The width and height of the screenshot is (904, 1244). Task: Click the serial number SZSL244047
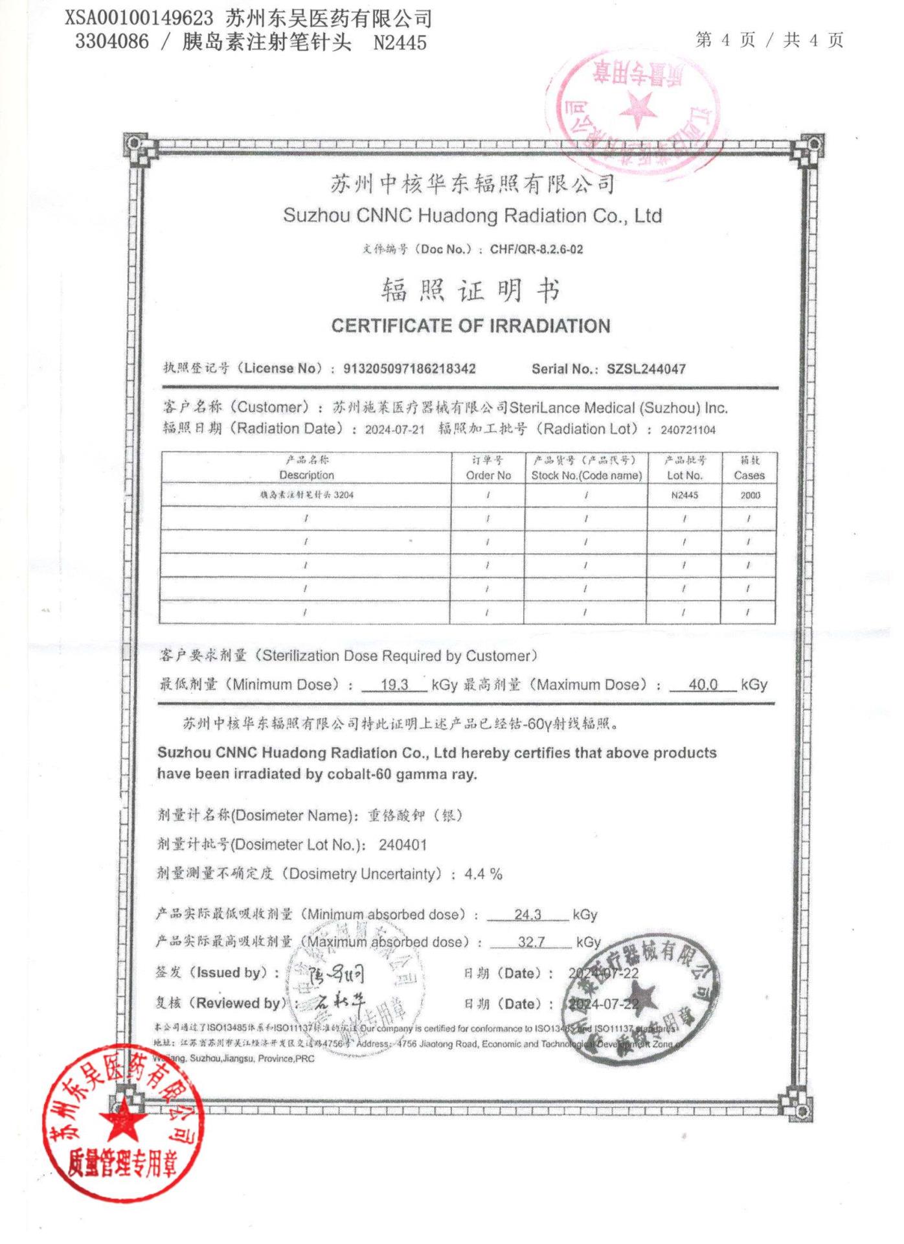click(x=646, y=369)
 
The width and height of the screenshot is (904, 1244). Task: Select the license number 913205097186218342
click(x=409, y=369)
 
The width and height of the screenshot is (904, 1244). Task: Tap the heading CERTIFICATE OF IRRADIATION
click(x=471, y=325)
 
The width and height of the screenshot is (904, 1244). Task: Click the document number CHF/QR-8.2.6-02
click(x=536, y=249)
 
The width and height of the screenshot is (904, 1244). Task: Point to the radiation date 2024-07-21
click(x=394, y=430)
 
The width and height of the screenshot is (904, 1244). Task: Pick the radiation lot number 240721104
click(x=688, y=430)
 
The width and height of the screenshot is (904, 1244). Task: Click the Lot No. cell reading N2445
click(x=684, y=495)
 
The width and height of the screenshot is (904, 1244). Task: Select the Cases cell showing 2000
click(x=750, y=495)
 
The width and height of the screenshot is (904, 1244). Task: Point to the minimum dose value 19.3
click(x=394, y=684)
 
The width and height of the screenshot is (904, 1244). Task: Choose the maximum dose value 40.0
click(x=703, y=684)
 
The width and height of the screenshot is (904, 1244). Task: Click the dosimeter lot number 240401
click(x=403, y=845)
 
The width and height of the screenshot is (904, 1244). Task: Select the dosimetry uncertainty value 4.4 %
click(x=483, y=874)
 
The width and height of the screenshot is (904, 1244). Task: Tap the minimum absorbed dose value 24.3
click(x=528, y=914)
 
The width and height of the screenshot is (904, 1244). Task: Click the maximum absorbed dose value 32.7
click(x=531, y=941)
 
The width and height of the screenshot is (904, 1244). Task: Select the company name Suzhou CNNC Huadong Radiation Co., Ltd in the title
click(x=472, y=215)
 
